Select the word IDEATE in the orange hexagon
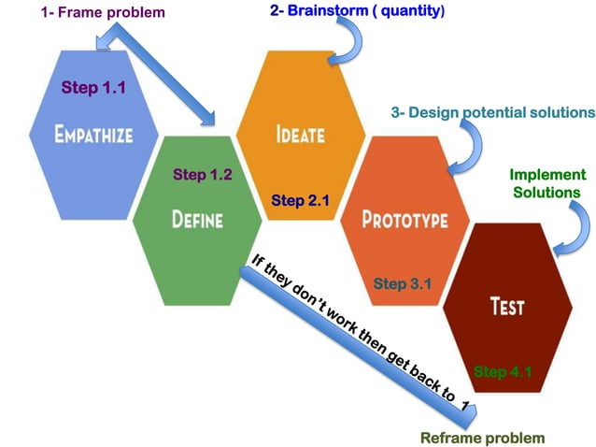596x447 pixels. tap(300, 134)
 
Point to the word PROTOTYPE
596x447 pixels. tap(404, 220)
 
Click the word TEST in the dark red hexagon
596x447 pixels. tap(507, 305)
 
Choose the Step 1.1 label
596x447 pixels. tap(92, 87)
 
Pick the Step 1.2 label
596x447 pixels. tap(203, 175)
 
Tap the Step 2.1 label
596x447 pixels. tap(300, 199)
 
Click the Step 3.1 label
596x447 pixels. tap(402, 283)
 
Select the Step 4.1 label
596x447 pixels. tap(503, 371)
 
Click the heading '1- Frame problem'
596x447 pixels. tap(103, 13)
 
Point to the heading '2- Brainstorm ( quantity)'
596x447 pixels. tap(357, 12)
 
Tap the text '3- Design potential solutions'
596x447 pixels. tap(492, 112)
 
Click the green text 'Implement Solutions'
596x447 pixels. tap(547, 183)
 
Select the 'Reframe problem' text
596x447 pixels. tap(482, 437)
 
